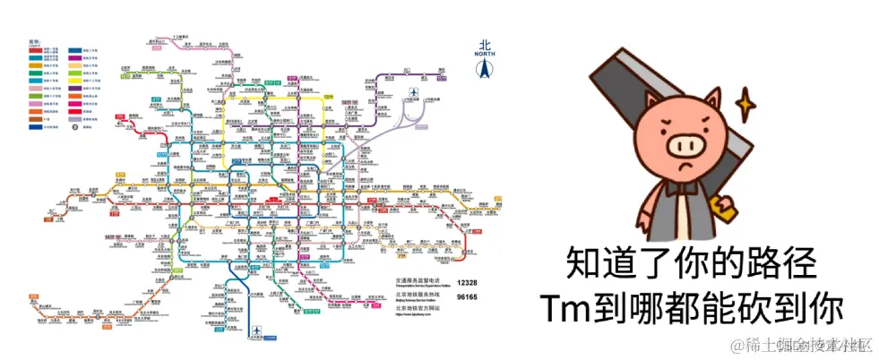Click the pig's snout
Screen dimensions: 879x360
[687, 143]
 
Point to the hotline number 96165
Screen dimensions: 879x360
[466, 296]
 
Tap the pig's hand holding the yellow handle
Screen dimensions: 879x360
[722, 209]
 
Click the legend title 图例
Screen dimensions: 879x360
[34, 41]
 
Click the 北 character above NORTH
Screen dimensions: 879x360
[485, 44]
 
